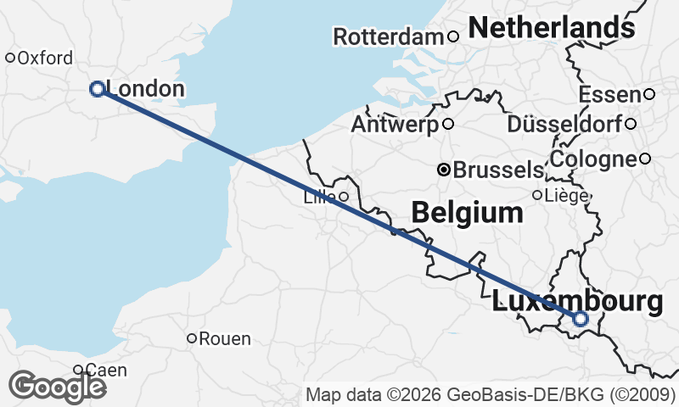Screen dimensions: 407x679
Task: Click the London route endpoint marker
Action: pos(97,88)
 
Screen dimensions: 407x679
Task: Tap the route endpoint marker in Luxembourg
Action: pos(580,319)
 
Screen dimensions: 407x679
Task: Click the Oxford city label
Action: pos(45,59)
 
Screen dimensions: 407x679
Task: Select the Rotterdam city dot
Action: pos(453,36)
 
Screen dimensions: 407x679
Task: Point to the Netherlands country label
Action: pos(551,28)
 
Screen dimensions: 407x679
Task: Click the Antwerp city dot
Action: pos(448,124)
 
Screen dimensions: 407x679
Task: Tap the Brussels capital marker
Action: pos(443,170)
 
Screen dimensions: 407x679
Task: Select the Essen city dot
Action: pos(648,94)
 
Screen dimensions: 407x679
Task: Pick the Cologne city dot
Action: pos(645,159)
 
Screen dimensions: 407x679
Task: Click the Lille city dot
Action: pos(343,197)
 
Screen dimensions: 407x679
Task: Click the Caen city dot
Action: pos(77,370)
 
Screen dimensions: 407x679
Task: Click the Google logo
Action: pos(58,387)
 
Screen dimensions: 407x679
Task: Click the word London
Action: pos(146,89)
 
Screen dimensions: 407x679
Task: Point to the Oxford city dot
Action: pos(10,59)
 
